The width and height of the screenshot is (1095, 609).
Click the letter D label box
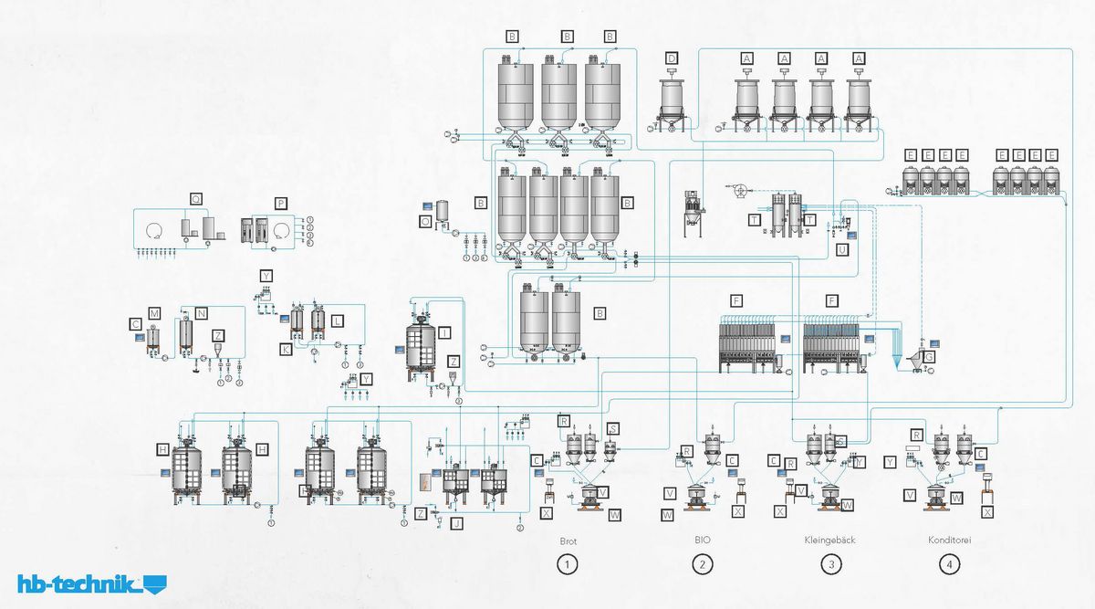click(672, 58)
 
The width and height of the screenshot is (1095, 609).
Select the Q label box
click(195, 198)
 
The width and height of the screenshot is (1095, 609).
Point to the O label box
click(425, 221)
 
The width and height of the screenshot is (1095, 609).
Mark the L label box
click(338, 321)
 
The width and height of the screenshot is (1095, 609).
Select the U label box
click(841, 248)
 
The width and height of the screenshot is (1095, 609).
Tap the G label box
click(929, 357)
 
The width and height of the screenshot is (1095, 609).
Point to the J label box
click(457, 522)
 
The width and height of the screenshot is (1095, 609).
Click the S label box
click(613, 428)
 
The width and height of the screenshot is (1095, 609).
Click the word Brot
click(568, 541)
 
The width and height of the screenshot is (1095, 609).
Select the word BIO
click(703, 541)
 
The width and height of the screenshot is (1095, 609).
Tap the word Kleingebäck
click(830, 541)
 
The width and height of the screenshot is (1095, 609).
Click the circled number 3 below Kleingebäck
click(830, 564)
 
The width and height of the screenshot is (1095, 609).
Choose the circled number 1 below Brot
click(568, 564)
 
